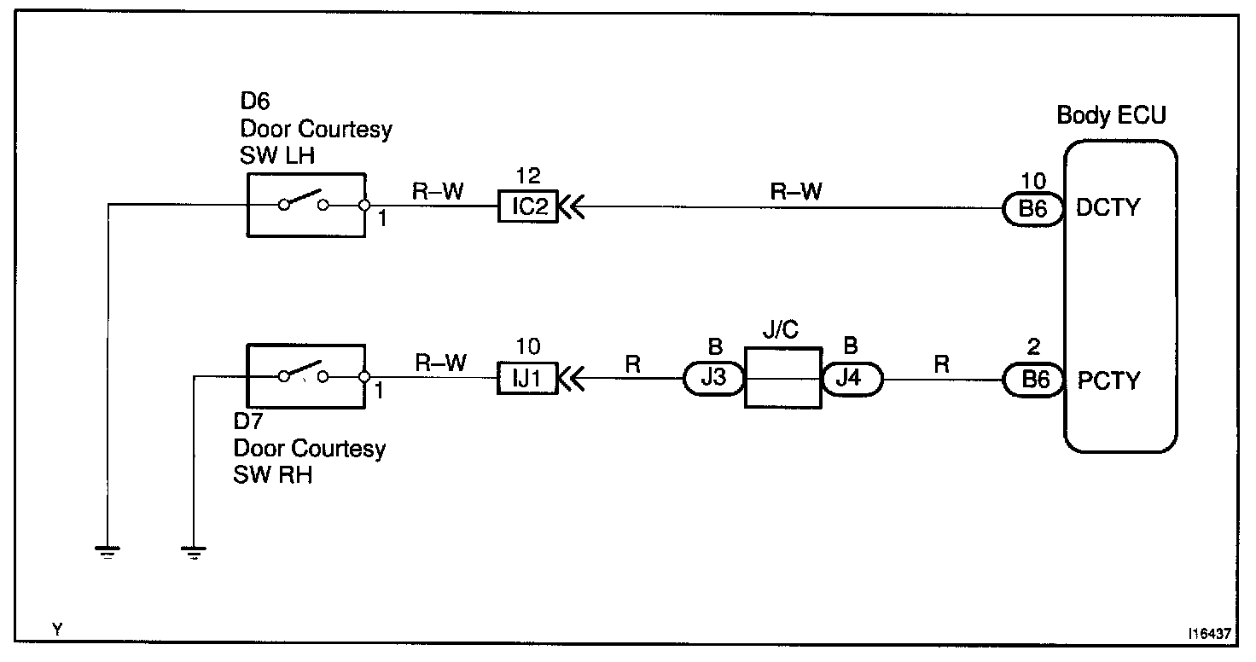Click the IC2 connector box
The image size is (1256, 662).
(527, 206)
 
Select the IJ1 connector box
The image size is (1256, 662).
(527, 377)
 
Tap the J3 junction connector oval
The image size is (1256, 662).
(713, 378)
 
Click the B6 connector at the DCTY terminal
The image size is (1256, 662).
(1033, 207)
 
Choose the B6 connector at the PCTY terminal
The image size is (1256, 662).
(1033, 379)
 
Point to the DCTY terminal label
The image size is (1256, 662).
(1109, 207)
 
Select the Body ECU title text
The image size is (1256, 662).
(1111, 114)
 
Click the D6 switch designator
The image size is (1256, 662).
(254, 102)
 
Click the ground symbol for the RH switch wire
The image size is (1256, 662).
(195, 554)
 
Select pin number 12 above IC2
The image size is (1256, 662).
(528, 176)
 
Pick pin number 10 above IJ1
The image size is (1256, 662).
(528, 346)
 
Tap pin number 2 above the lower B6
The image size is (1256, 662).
(1034, 347)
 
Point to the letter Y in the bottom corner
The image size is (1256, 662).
(57, 630)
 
